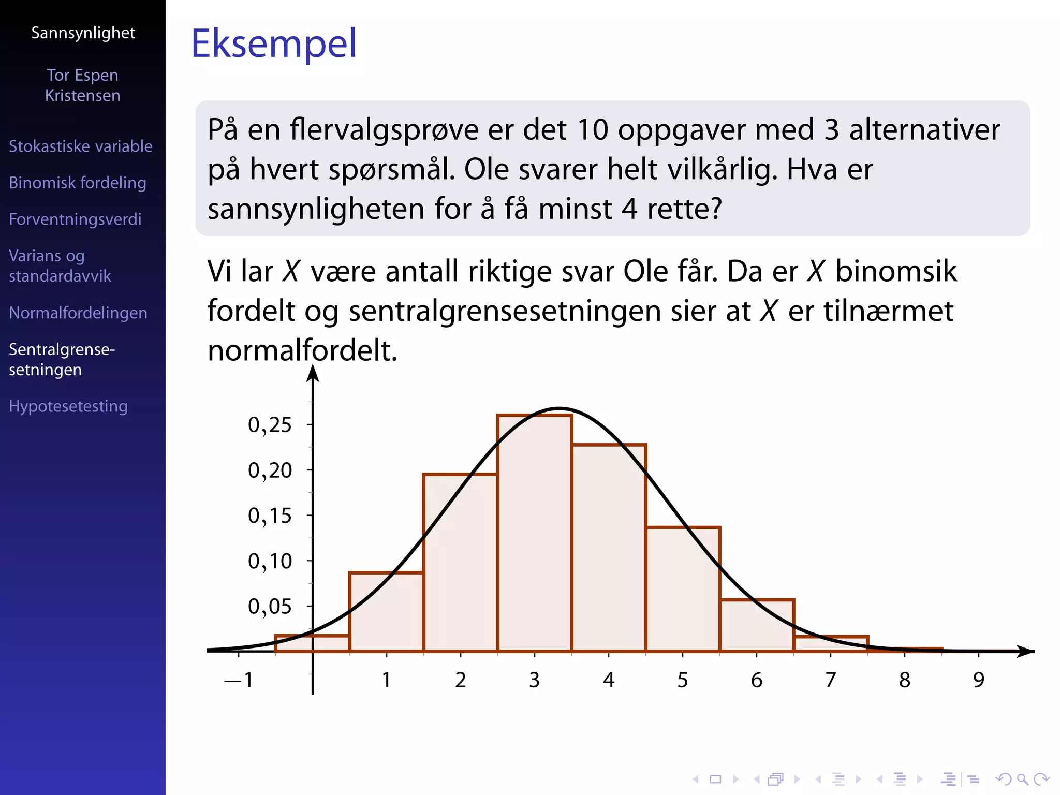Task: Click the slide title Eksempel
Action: point(274,43)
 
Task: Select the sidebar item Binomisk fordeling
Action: point(78,183)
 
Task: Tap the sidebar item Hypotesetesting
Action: point(68,406)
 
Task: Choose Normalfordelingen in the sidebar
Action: point(78,313)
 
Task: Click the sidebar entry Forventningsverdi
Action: point(75,219)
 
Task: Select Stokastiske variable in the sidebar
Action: point(81,146)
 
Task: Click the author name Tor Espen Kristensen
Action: point(83,85)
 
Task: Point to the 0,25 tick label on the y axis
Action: point(270,425)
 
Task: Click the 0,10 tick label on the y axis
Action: point(270,561)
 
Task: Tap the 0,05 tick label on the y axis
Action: point(270,607)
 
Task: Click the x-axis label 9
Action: point(978,680)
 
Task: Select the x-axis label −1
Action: point(239,680)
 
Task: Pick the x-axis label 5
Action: point(683,680)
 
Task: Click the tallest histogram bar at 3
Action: point(535,533)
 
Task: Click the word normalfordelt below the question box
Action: point(302,350)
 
